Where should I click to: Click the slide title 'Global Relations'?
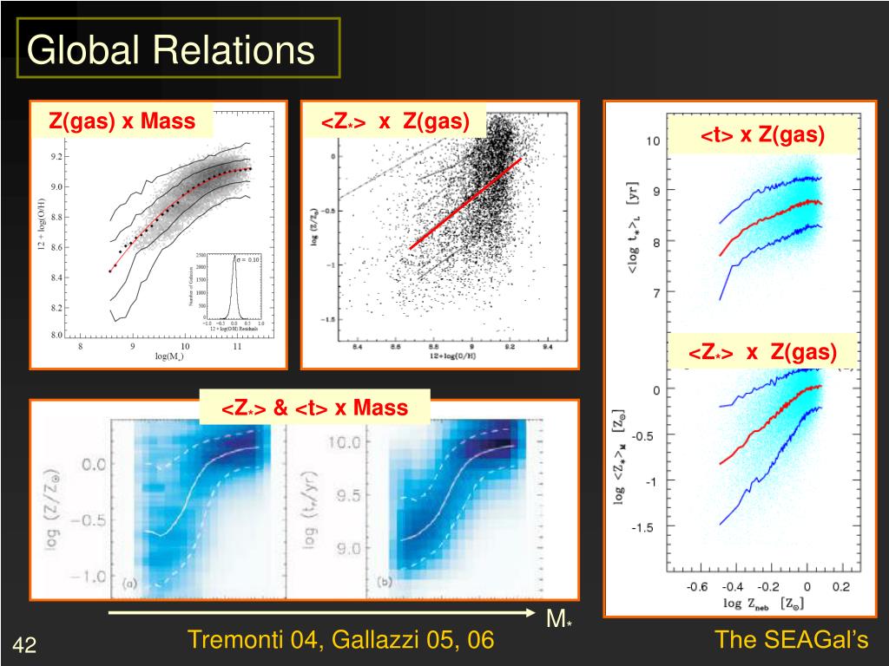(x=170, y=49)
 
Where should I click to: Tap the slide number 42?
(x=24, y=645)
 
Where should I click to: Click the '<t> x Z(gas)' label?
(x=763, y=134)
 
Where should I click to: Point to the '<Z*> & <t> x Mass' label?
(x=314, y=407)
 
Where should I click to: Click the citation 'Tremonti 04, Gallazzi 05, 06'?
(x=340, y=641)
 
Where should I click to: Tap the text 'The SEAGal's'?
(x=791, y=641)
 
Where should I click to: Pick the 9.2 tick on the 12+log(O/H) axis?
(x=56, y=157)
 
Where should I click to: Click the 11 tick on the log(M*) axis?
(x=237, y=347)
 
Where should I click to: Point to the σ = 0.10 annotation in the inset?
(x=247, y=258)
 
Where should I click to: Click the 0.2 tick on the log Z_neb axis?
(x=840, y=587)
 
